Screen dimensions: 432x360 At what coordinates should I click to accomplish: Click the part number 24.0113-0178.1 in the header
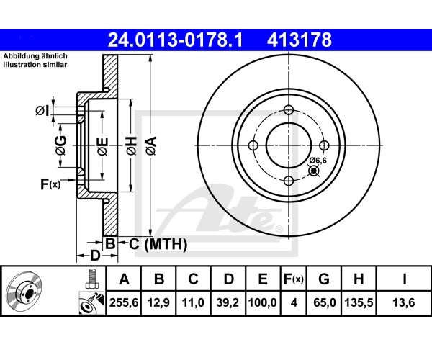click(x=175, y=40)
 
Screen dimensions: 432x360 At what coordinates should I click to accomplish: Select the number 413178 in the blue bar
click(x=300, y=40)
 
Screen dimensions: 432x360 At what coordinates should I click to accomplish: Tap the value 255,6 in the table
click(x=124, y=302)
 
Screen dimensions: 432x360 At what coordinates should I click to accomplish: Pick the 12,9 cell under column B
click(x=159, y=302)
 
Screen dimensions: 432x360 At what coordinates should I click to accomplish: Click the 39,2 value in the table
click(x=228, y=302)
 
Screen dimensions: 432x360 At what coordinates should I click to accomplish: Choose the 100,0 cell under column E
click(x=263, y=302)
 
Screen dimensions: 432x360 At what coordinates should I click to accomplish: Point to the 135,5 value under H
click(x=359, y=302)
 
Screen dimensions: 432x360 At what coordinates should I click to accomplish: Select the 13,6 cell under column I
click(x=404, y=302)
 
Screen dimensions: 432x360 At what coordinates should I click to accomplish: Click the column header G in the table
click(x=324, y=279)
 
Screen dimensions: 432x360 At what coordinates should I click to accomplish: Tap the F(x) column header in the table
click(x=294, y=279)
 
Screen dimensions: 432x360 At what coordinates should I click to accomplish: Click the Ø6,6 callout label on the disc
click(x=318, y=160)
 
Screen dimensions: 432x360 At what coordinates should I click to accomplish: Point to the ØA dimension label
click(x=151, y=145)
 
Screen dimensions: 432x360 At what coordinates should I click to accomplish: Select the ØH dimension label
click(x=132, y=145)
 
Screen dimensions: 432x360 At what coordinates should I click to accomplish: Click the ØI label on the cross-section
click(x=42, y=111)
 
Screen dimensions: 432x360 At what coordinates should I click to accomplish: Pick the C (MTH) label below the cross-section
click(x=158, y=244)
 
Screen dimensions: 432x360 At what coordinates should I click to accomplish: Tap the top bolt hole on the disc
click(x=289, y=110)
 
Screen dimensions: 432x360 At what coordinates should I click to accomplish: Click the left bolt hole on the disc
click(x=253, y=145)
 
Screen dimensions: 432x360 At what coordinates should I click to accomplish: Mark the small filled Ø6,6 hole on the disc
click(x=313, y=171)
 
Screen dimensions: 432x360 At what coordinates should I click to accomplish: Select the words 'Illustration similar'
click(x=35, y=65)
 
